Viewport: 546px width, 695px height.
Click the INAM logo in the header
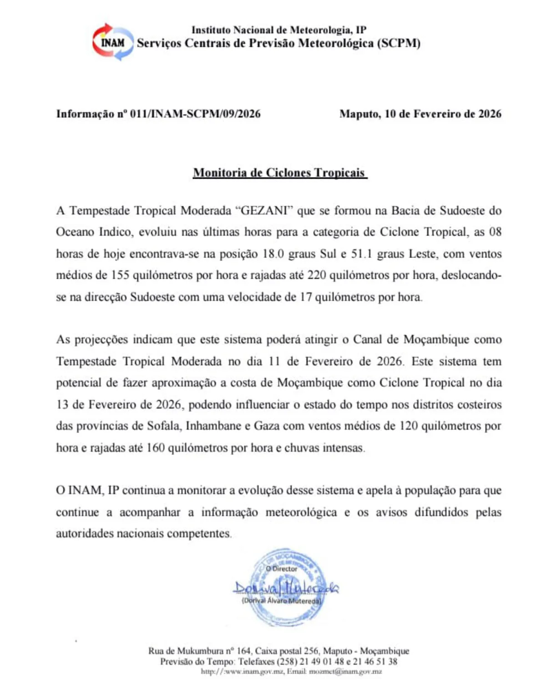113,42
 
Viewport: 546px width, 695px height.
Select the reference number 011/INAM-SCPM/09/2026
195,114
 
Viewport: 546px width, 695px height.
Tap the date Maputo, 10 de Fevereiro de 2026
420,114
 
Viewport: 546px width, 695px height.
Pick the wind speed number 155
120,275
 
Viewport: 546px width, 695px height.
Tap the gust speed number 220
317,275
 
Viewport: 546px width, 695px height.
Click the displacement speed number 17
305,297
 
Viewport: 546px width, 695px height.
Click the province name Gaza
266,426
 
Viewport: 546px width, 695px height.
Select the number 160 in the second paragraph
155,448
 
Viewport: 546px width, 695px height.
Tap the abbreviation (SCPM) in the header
399,43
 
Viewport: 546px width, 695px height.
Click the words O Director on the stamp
281,569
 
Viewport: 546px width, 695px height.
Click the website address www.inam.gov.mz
245,671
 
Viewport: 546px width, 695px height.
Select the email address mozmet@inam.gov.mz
345,671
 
